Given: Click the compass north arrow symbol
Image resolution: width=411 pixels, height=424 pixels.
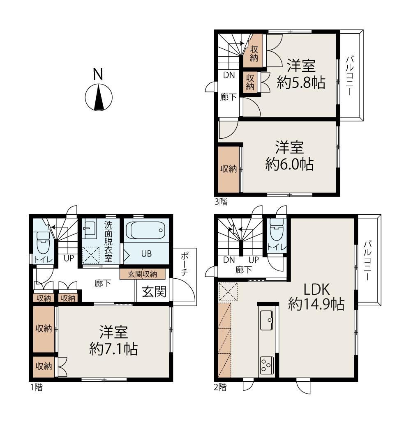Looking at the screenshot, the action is (99, 97).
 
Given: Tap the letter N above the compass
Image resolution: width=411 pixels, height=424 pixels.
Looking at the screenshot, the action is (98, 74).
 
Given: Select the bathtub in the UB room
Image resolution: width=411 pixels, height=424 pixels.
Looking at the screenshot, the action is (146, 230).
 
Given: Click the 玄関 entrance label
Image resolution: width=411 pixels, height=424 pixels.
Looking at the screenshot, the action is (154, 292).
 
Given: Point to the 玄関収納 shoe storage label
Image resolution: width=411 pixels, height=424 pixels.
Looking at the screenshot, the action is (143, 274).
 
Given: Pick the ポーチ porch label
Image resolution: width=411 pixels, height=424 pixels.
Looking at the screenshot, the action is (185, 264).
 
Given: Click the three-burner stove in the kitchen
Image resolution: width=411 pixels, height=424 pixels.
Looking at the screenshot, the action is (266, 365).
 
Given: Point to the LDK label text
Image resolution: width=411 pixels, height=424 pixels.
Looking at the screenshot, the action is (316, 289).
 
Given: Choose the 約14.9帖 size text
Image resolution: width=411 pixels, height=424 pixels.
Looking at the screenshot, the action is (316, 304).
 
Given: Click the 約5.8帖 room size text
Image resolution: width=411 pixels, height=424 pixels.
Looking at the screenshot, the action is (301, 82).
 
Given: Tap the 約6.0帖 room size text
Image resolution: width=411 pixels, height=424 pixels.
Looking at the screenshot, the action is (289, 164).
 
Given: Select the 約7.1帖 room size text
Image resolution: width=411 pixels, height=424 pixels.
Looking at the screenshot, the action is (113, 349).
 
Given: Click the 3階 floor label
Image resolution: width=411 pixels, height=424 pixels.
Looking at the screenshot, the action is (221, 202).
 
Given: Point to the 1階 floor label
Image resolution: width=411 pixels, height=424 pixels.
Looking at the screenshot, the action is (36, 387).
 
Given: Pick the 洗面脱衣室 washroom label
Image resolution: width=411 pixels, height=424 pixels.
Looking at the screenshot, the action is (109, 241).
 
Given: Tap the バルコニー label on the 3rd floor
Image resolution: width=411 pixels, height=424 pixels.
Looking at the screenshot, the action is (350, 75).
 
